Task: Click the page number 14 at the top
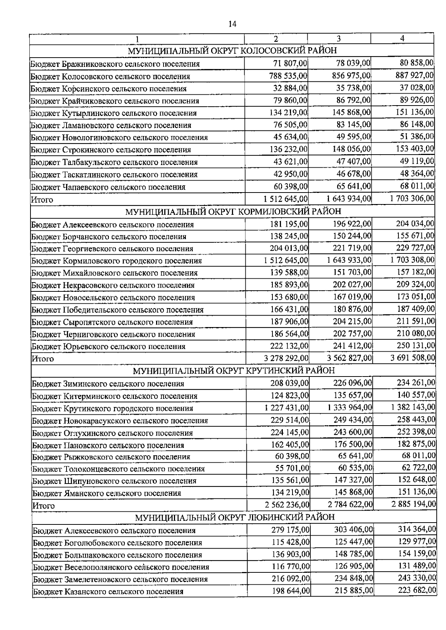click(232, 25)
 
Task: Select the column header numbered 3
click(339, 39)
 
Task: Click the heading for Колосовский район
click(232, 51)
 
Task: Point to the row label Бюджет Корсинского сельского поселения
click(109, 88)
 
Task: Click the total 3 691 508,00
click(413, 358)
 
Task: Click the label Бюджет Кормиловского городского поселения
click(116, 261)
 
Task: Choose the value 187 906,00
click(289, 321)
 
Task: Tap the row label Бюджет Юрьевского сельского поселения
click(109, 346)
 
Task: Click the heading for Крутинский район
click(234, 371)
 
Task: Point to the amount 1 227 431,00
click(287, 407)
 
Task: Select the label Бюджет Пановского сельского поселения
click(108, 445)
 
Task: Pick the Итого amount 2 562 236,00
click(287, 505)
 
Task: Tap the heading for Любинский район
click(235, 517)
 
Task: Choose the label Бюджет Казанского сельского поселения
click(108, 591)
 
